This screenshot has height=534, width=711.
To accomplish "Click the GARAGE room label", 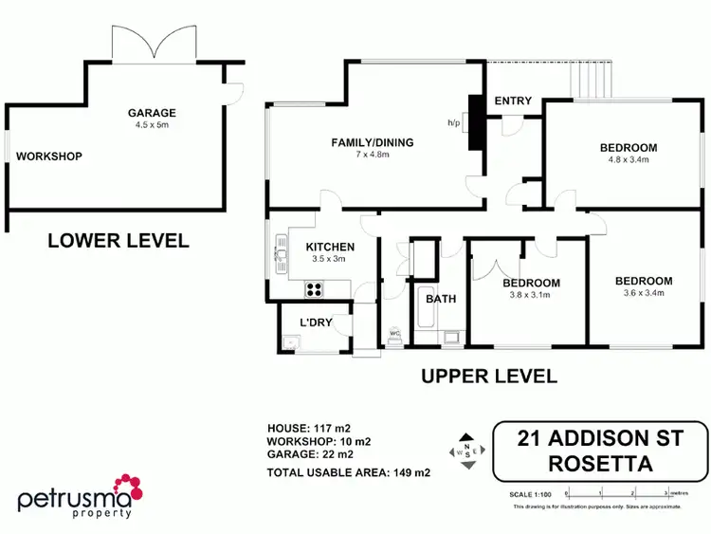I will click(153, 113).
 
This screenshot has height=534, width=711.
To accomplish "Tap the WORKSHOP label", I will click(48, 157).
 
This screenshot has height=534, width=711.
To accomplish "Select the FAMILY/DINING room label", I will click(373, 143).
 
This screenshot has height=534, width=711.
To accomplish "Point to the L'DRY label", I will click(316, 322).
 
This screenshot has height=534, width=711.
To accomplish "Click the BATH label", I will click(440, 299).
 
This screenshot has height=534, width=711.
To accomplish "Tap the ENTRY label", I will click(513, 101).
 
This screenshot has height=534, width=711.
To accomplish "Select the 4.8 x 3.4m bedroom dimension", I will click(628, 160).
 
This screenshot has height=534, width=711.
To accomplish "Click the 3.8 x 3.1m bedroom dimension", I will click(530, 295).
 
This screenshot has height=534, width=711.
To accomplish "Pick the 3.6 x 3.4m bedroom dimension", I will click(644, 293).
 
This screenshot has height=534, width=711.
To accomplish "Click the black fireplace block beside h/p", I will click(476, 123).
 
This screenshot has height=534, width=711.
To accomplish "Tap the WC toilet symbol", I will click(393, 334).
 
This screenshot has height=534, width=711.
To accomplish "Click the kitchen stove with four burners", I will click(315, 289).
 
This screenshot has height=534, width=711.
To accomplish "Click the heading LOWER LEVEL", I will click(118, 241).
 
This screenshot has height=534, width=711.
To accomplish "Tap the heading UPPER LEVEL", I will click(488, 377).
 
